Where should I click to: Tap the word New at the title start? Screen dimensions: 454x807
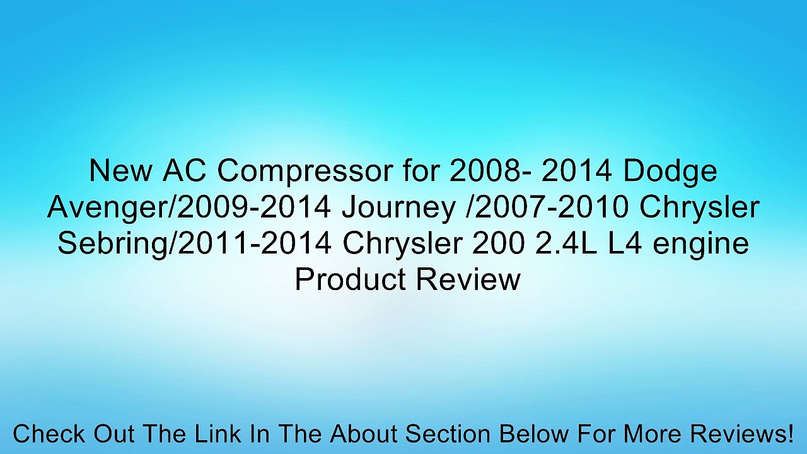tap(118, 172)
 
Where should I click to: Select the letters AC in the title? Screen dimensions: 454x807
tap(180, 172)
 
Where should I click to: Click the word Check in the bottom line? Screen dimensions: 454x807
tap(49, 434)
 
